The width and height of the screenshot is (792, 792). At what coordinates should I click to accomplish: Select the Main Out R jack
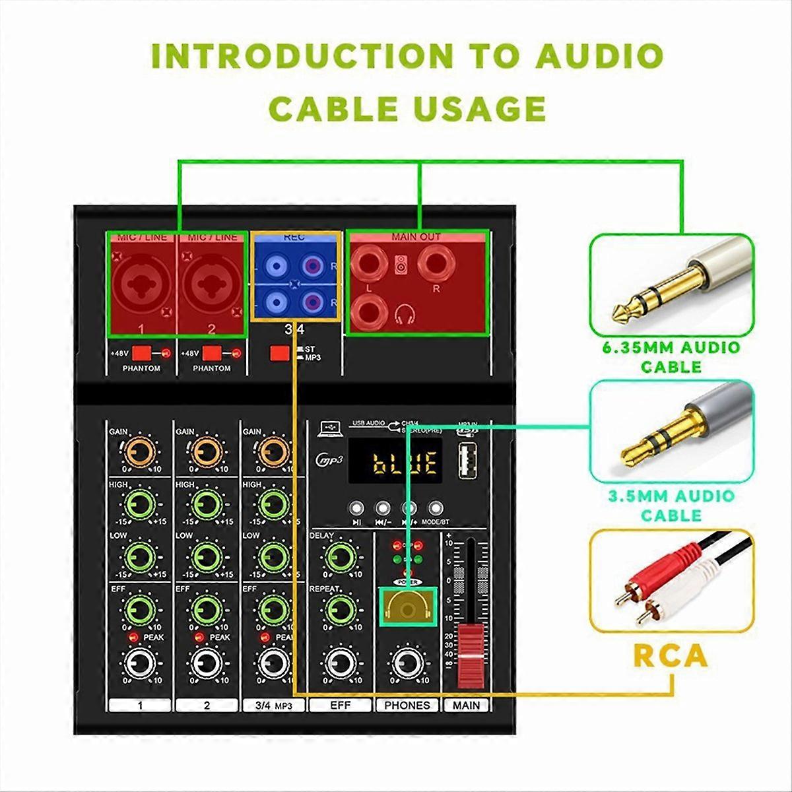[x=436, y=263]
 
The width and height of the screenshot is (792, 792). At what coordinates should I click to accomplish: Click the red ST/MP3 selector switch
[x=279, y=353]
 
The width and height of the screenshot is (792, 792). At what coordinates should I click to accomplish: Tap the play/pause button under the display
[x=356, y=508]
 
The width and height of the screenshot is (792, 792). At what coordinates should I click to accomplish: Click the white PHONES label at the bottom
[x=407, y=705]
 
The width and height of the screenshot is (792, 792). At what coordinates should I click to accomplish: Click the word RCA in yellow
[x=671, y=656]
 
